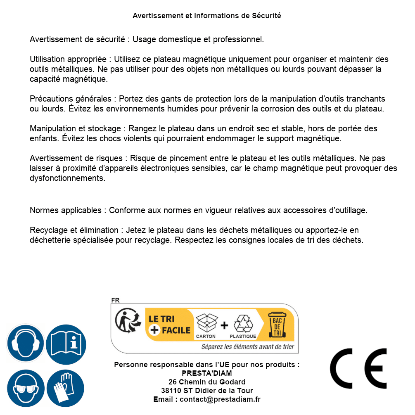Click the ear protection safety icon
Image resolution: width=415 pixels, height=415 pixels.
click(26, 343)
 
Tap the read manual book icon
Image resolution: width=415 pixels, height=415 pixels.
click(66, 343)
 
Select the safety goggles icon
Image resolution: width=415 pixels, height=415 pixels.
click(26, 388)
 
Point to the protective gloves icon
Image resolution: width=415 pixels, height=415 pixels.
click(66, 388)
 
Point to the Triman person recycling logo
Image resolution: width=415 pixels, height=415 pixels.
click(126, 322)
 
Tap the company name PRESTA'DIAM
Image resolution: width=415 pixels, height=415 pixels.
click(206, 373)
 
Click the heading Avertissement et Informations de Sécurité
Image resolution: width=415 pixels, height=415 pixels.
click(207, 16)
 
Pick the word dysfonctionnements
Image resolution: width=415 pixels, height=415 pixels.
click(67, 178)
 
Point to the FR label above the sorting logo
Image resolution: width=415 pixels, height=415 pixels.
click(115, 300)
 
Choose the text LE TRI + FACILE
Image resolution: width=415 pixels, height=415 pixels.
click(169, 325)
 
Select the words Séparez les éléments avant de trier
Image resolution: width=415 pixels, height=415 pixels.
click(247, 347)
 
